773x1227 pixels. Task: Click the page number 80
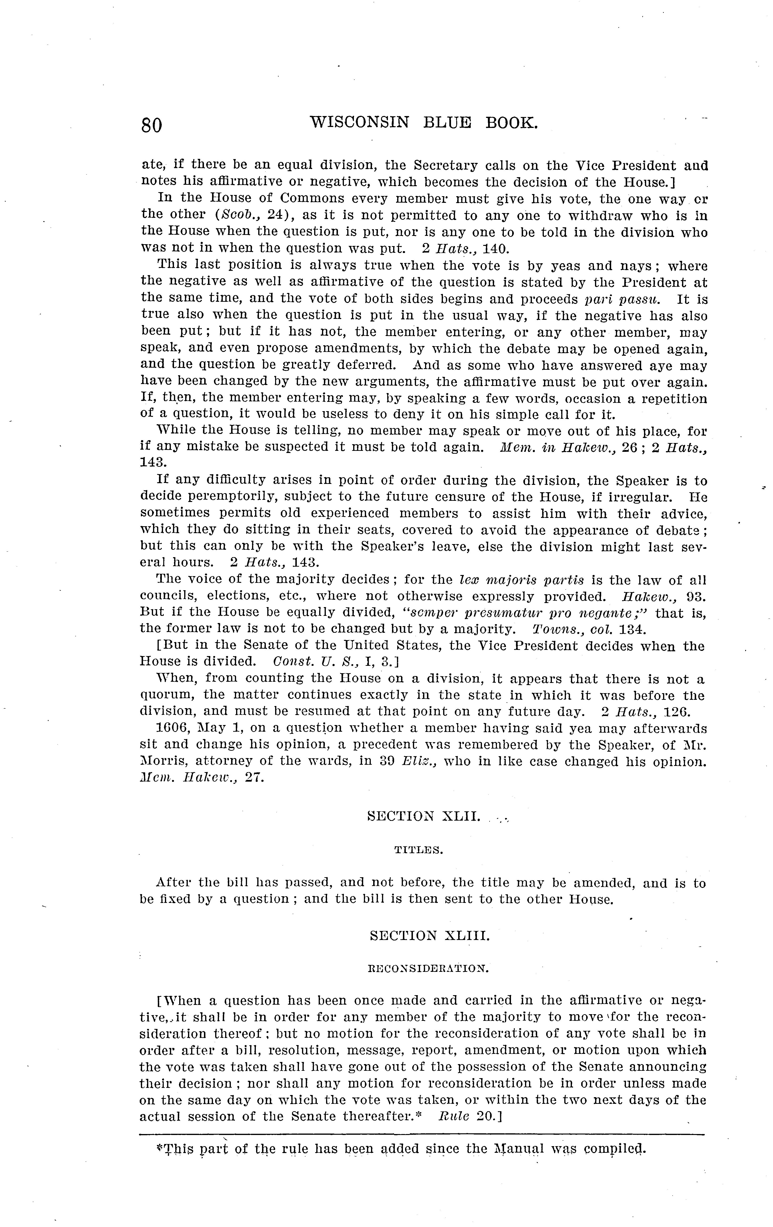[x=152, y=125]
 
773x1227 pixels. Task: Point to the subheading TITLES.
[x=418, y=850]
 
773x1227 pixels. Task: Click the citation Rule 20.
[x=471, y=1116]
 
